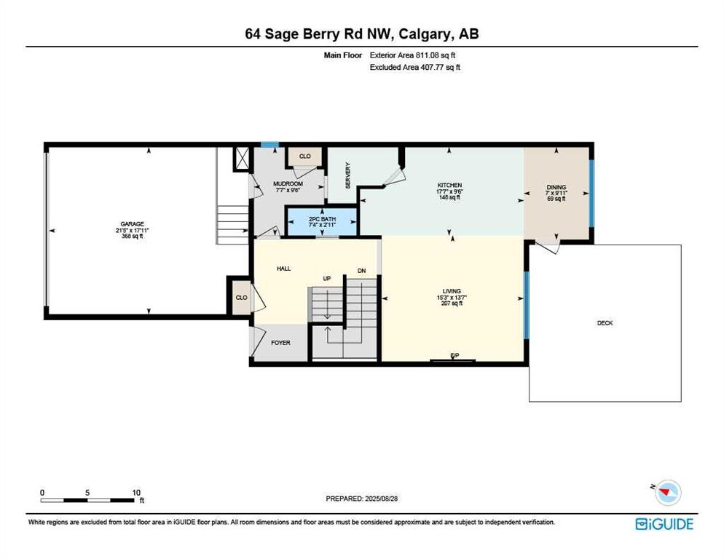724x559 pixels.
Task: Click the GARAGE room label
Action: coord(132,224)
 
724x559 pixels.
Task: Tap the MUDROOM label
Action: coord(288,183)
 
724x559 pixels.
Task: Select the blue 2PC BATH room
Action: coord(322,222)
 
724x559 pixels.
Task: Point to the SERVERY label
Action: coord(348,175)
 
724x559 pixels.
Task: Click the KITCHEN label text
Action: coord(449,185)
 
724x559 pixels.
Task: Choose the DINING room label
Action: coord(556,187)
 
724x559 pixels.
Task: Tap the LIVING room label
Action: coord(452,291)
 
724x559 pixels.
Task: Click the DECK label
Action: coord(605,323)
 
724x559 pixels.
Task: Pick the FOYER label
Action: coord(280,343)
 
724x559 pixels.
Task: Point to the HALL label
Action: coord(283,268)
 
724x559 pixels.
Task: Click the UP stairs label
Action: coord(327,279)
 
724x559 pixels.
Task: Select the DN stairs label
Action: coord(361,271)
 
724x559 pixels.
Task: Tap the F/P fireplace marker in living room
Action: coord(455,355)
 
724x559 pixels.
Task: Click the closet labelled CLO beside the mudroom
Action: coord(304,156)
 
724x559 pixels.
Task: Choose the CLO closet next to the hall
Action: coord(242,298)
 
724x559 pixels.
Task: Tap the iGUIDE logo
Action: coord(664,524)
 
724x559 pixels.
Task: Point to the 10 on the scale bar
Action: coord(136,493)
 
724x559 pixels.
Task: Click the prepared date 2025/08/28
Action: coord(382,499)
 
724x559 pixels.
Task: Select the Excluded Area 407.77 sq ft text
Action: coord(414,68)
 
